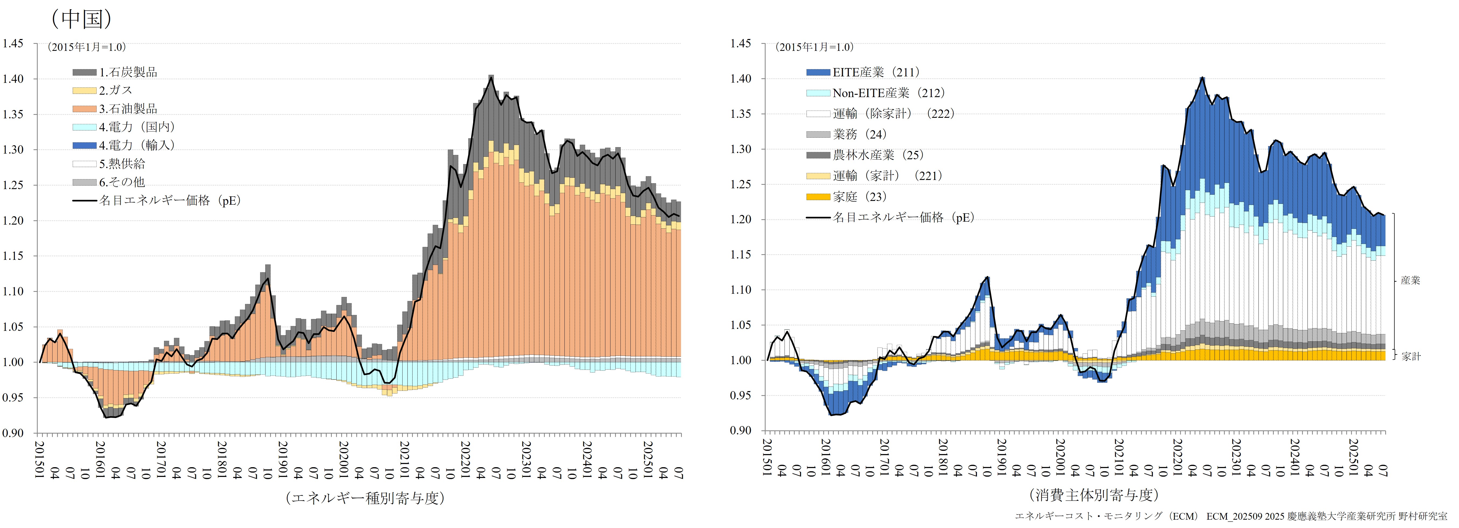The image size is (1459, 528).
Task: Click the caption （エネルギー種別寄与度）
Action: [x=365, y=498]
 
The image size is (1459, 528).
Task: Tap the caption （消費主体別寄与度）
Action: [x=1093, y=495]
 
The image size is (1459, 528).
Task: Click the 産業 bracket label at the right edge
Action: [x=1410, y=280]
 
